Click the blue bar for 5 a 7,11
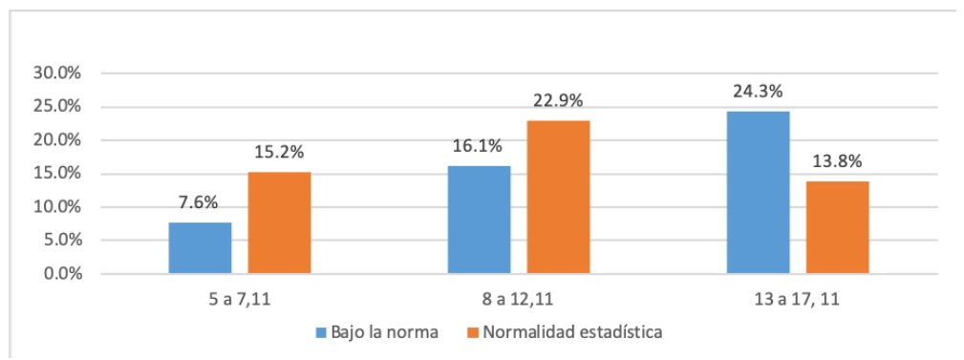coord(200,248)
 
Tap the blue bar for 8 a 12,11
coord(479,220)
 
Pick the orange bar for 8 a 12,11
coord(558,197)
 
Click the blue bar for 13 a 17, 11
coord(758,192)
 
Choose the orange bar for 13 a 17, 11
coord(837,227)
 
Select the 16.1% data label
coord(479,148)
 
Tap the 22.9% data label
coord(558,102)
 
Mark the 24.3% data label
coord(758,93)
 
